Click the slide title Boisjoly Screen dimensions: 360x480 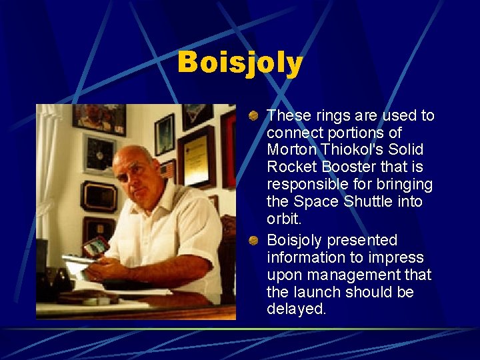point(240,63)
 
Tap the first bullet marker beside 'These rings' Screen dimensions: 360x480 point(254,116)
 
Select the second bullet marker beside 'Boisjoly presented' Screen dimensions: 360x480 point(254,241)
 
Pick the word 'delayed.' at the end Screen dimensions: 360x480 point(297,309)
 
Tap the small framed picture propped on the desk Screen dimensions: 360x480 point(95,247)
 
